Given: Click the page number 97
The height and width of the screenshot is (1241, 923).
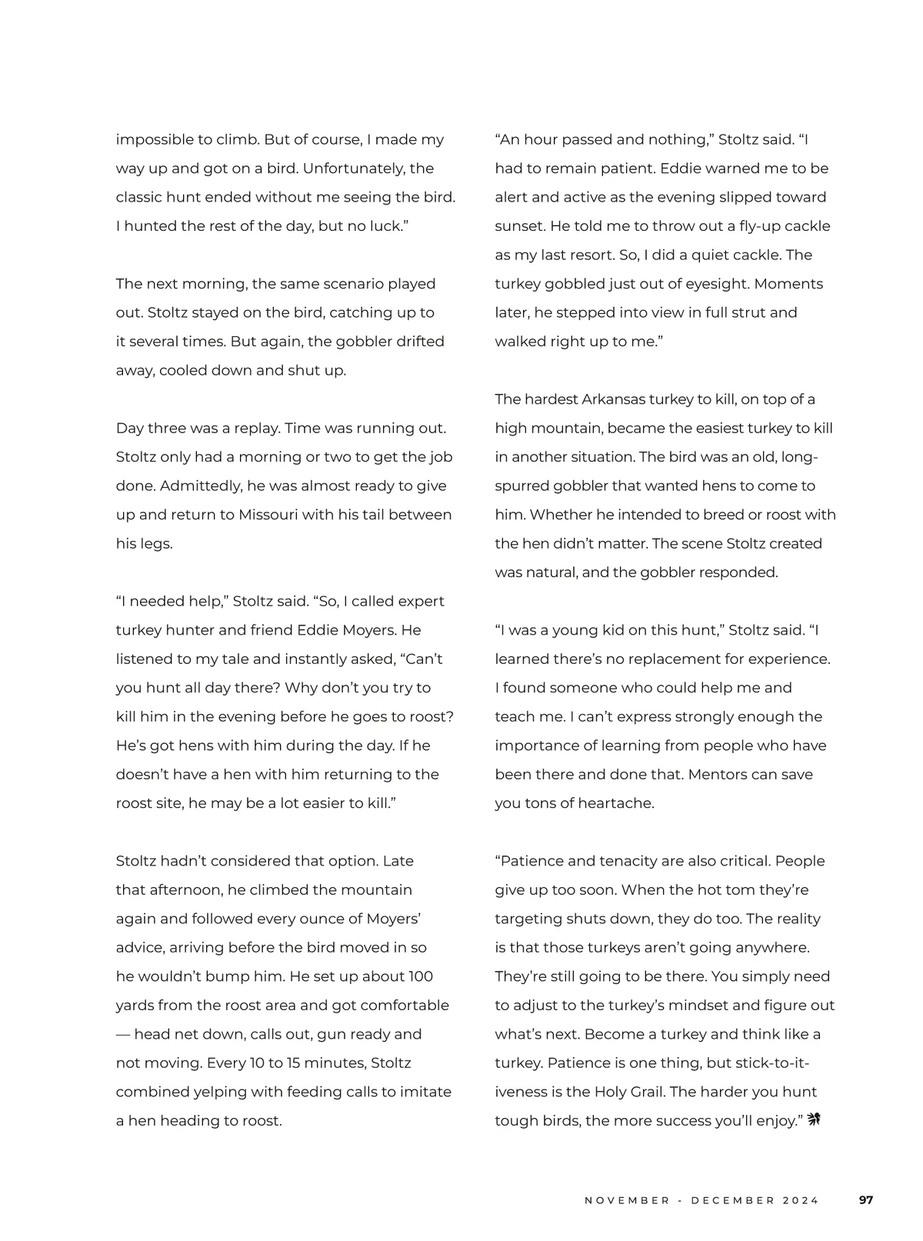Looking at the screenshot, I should pyautogui.click(x=866, y=1199).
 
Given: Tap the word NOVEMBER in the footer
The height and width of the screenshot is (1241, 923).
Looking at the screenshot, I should pyautogui.click(x=627, y=1200).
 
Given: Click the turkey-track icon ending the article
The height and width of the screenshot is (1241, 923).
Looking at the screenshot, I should pyautogui.click(x=815, y=1119).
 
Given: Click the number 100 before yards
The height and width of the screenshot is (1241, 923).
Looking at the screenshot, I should pyautogui.click(x=420, y=976).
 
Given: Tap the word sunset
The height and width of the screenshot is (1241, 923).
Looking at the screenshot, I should pyautogui.click(x=518, y=226).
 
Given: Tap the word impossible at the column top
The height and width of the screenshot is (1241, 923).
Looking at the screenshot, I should pyautogui.click(x=153, y=140).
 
